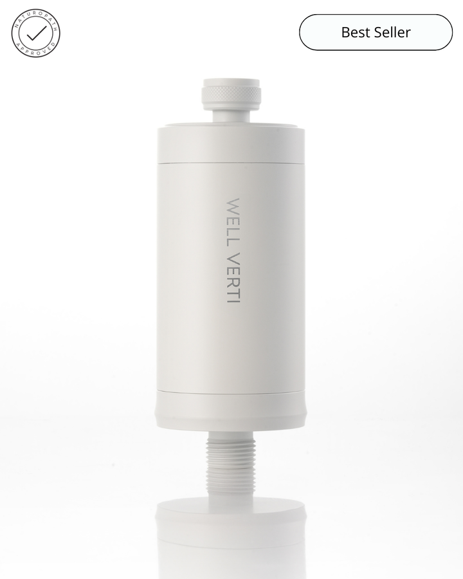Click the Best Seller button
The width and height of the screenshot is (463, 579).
coord(376,32)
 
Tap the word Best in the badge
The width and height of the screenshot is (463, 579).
coord(354,32)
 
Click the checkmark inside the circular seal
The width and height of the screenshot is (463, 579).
coord(35,32)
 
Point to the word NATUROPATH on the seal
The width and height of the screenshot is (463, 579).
coord(35,15)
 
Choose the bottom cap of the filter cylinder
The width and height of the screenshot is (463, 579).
coord(232,412)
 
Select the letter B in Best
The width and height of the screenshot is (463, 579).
coord(345,32)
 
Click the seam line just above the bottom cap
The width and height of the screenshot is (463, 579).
coord(232,391)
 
